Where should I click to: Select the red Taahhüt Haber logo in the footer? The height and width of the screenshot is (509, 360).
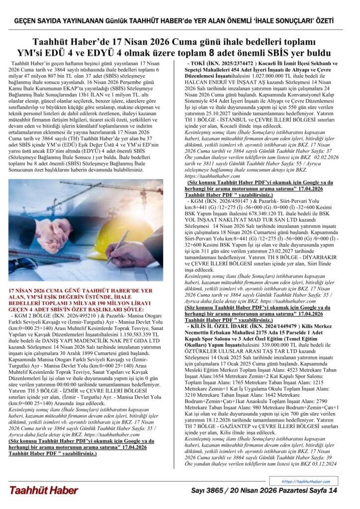[x=43, y=490]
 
